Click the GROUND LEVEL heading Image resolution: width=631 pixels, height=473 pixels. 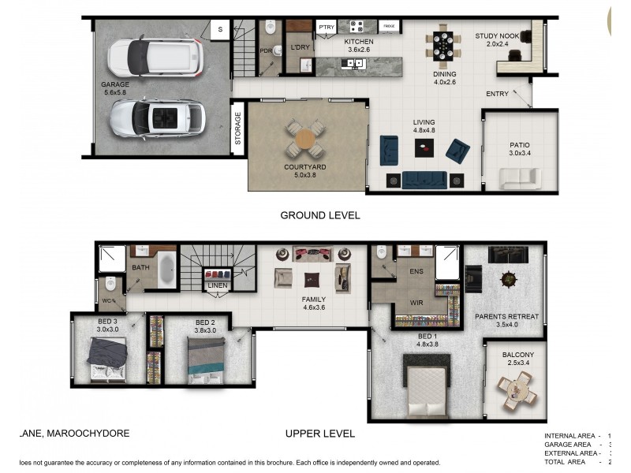click(320, 214)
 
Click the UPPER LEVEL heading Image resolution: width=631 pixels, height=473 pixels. click(320, 434)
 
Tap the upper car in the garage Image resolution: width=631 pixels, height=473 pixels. click(155, 57)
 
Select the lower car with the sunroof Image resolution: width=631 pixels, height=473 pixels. click(157, 117)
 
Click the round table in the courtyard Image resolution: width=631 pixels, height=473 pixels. click(305, 140)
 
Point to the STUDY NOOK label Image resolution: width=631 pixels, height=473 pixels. click(497, 36)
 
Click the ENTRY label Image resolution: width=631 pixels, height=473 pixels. click(497, 95)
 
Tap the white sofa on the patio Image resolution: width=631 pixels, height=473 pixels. click(520, 178)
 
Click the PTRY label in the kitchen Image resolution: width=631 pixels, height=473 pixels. click(327, 27)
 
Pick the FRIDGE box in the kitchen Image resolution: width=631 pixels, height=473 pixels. click(388, 27)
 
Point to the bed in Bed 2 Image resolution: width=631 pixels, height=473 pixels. click(207, 359)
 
